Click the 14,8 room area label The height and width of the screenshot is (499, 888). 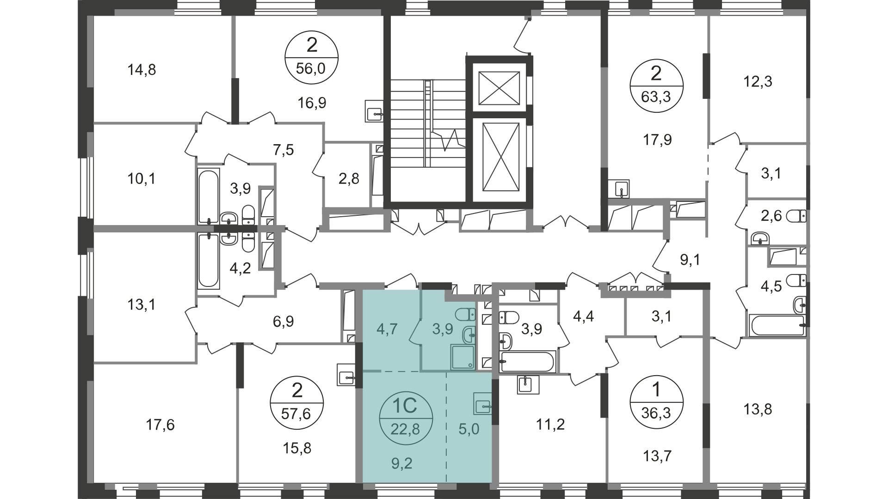click(x=142, y=70)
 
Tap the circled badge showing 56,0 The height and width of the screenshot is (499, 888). click(x=312, y=57)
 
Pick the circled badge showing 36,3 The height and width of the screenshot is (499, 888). click(x=656, y=402)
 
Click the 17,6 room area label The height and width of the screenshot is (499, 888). click(x=160, y=425)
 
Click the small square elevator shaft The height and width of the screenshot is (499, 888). click(x=499, y=88)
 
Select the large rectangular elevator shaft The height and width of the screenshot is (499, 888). click(x=499, y=157)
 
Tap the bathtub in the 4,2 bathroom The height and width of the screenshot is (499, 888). click(x=208, y=260)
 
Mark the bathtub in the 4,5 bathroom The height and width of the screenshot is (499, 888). click(x=777, y=325)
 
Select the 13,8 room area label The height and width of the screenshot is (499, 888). click(x=758, y=409)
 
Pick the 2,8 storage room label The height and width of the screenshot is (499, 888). click(x=349, y=179)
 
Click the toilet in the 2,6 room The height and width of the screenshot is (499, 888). click(x=796, y=216)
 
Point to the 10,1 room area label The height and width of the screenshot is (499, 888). click(x=142, y=178)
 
